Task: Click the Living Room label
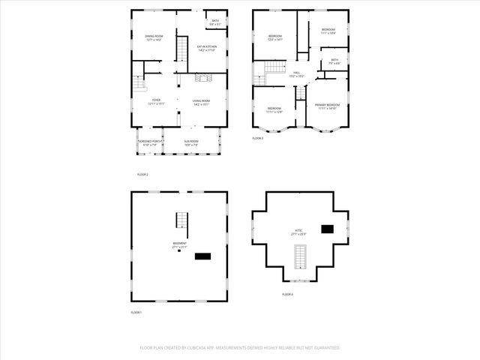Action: pos(201,102)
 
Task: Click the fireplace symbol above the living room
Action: pos(200,78)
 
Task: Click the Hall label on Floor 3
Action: pos(296,74)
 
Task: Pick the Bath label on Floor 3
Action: pos(334,61)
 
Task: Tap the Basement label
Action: pos(178,244)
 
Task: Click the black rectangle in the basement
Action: pos(202,256)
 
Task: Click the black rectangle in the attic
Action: pos(327,229)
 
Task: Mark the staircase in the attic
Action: pos(300,256)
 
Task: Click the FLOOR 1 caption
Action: pos(136,311)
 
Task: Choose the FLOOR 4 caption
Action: pos(287,295)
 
